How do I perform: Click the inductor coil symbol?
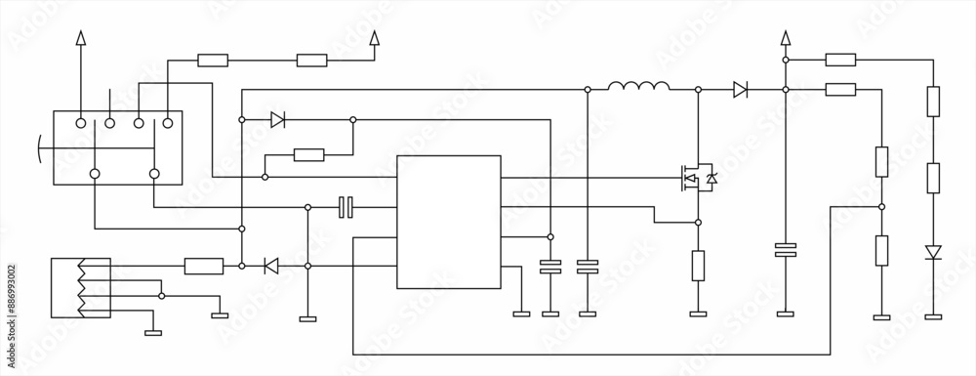click(638, 88)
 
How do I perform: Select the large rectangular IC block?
click(448, 222)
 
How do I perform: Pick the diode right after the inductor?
click(740, 90)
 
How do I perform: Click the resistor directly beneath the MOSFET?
click(699, 266)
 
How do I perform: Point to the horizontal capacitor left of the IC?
click(345, 206)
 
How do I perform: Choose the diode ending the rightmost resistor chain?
click(933, 253)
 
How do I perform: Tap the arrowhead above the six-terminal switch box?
click(81, 38)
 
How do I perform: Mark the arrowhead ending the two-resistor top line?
click(374, 38)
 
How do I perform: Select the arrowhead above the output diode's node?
click(785, 38)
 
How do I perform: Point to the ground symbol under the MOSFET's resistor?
click(699, 314)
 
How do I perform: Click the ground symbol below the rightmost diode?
click(933, 315)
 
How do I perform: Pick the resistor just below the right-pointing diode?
click(308, 153)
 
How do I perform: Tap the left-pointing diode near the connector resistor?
click(271, 265)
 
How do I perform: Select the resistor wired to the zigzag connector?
click(203, 265)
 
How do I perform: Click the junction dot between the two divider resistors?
click(881, 206)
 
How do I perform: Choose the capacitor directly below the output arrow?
click(785, 250)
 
